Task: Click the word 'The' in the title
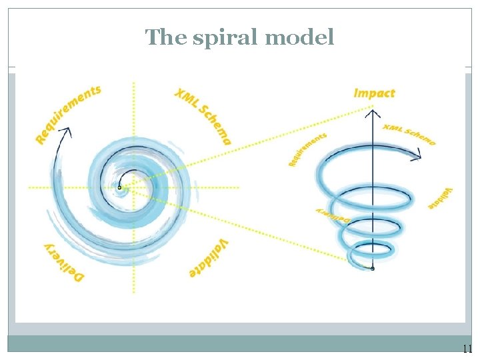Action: [163, 37]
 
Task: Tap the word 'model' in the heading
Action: [299, 37]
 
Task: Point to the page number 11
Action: [467, 349]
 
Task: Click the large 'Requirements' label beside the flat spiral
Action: [67, 113]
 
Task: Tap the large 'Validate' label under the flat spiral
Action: [209, 259]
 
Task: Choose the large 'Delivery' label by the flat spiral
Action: [63, 263]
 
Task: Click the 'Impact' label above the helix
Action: [374, 93]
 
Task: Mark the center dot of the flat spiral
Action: [119, 187]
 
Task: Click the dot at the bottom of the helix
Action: [373, 269]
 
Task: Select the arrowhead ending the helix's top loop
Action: [418, 158]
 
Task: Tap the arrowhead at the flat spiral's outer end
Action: [66, 132]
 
